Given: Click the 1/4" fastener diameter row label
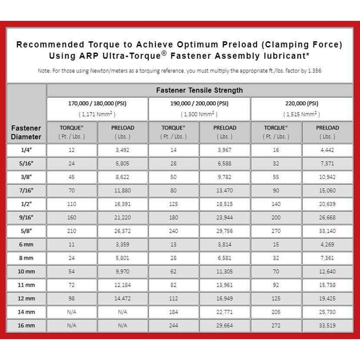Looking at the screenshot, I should tap(26, 150).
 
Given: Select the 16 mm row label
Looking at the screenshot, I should tap(26, 326).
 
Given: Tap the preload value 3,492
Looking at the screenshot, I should tap(122, 150).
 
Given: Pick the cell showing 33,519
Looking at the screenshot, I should tap(327, 326).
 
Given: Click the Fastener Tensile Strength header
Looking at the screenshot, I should tap(199, 90).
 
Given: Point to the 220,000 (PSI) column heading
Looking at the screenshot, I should tap(301, 103).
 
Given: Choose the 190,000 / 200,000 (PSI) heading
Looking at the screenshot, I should tap(199, 103).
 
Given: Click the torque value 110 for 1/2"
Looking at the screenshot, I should tap(72, 204).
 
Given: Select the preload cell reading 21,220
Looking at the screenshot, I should tap(122, 218).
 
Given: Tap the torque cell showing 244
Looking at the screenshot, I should tap(173, 326).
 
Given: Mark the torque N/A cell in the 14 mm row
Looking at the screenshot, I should tap(72, 312).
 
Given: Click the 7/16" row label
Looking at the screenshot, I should tap(26, 191).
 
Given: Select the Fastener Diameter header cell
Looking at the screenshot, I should tap(26, 132).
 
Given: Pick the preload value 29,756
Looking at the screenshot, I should tap(225, 231).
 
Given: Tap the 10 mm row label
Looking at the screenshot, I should tap(26, 271).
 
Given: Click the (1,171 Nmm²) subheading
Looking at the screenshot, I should tap(97, 114).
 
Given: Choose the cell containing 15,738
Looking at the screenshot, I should tap(327, 285).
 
